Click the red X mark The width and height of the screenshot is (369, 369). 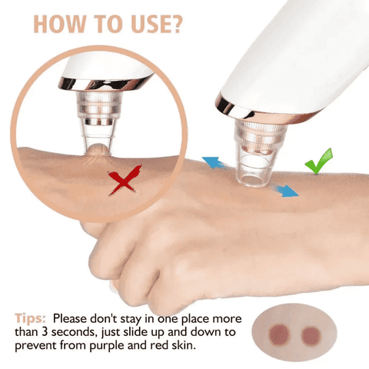[125, 181]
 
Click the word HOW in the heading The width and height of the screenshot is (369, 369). [59, 25]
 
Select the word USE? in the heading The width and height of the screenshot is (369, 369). [157, 25]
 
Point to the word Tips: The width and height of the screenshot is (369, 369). [30, 318]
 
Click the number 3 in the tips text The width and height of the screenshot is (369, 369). [45, 332]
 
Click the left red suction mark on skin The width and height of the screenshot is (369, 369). [279, 334]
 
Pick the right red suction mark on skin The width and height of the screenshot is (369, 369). [311, 336]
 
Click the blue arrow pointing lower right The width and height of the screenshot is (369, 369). [285, 190]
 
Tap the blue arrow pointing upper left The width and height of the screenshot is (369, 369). [214, 162]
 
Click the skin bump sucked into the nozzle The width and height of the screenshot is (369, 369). [98, 150]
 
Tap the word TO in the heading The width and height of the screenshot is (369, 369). [108, 25]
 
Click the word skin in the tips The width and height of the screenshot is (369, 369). [184, 345]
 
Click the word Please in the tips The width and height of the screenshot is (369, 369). [70, 318]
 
